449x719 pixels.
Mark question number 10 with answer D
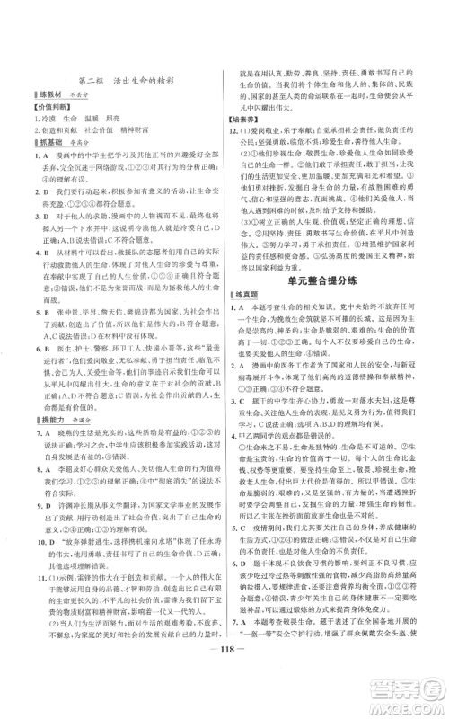pyautogui.click(x=29, y=544)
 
